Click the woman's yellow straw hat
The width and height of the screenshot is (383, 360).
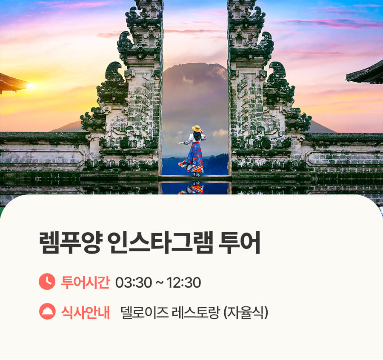pos(196,128)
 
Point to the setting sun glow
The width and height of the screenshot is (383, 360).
pos(30,86)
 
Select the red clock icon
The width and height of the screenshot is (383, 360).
pos(47,282)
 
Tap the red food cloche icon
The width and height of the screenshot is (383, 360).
pos(47,311)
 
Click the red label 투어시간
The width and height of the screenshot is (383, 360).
pos(85,282)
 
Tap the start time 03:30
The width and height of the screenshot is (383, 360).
pos(134,283)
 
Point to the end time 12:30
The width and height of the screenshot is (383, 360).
pos(184,283)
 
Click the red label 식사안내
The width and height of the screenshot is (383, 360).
pos(85,312)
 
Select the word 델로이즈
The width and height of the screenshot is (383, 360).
pos(144,312)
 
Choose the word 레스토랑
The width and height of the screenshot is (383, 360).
pos(195,312)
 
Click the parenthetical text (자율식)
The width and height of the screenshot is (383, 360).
pos(246,312)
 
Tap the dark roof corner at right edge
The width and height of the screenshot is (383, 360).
pos(364,73)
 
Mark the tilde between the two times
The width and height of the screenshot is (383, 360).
pos(159,283)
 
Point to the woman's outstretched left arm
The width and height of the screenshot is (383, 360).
pos(184,142)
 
